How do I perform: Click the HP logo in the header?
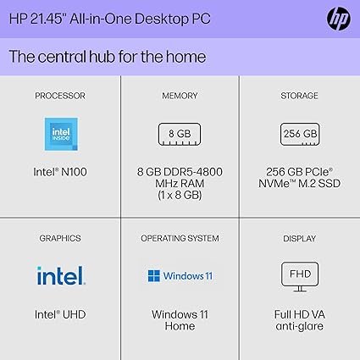(x=339, y=19)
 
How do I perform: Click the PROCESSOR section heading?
(x=60, y=96)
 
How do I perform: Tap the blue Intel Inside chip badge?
(x=61, y=134)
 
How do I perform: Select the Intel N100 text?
(x=60, y=172)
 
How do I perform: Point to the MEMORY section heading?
(x=180, y=96)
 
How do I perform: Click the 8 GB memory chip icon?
(x=180, y=134)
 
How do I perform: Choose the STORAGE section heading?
(x=299, y=96)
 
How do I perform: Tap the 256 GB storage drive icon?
(x=300, y=134)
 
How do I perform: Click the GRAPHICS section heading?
(x=60, y=238)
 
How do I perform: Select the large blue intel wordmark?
(x=61, y=275)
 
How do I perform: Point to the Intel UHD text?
(x=60, y=314)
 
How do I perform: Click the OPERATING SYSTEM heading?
(x=180, y=238)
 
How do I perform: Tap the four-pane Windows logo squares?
(x=154, y=276)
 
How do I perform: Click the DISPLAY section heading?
(x=299, y=238)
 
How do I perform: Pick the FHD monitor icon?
(x=300, y=277)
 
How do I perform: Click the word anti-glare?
(x=299, y=326)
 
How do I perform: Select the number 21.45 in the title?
(x=48, y=19)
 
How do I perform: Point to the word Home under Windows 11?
(x=180, y=326)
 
